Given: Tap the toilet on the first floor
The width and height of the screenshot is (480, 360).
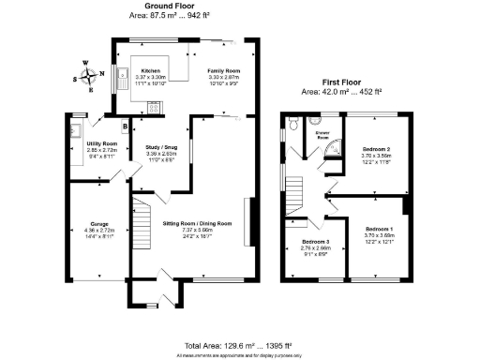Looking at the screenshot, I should (292, 122).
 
